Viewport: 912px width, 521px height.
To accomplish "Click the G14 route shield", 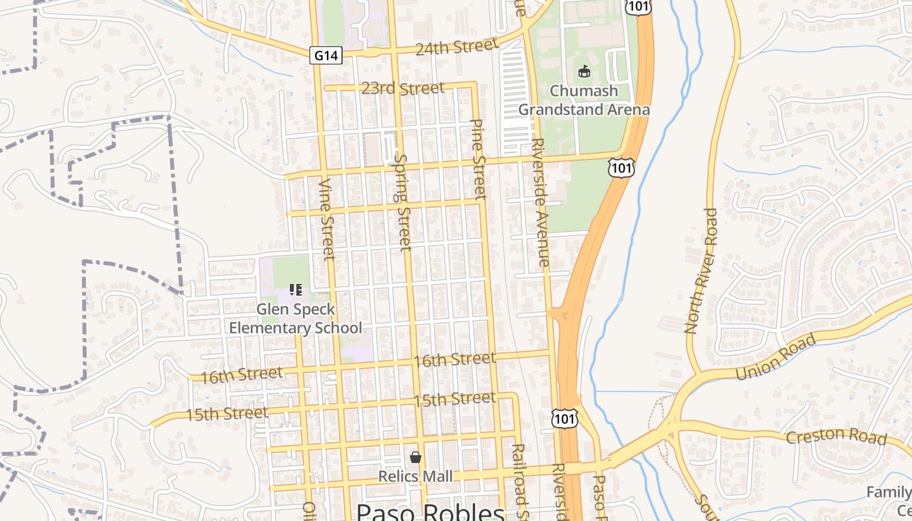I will (325, 55).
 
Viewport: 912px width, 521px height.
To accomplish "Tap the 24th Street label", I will (457, 48).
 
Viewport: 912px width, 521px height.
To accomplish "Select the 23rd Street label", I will (403, 88).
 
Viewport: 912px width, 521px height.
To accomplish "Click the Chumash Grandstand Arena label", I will (584, 100).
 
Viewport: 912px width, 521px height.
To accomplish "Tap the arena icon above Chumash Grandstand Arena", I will (584, 71).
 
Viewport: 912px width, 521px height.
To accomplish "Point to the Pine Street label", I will (479, 158).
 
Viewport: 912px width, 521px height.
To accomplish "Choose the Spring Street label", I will (403, 202).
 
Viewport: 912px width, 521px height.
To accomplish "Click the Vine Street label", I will (327, 219).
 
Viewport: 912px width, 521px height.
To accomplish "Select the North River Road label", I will (701, 270).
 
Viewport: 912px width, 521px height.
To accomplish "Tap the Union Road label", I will (775, 357).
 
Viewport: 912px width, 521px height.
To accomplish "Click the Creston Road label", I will (836, 436).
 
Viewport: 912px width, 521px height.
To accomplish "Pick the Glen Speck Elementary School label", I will (295, 318).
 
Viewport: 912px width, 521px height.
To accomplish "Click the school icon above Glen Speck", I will (295, 289).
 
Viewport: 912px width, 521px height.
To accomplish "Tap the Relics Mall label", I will (416, 477).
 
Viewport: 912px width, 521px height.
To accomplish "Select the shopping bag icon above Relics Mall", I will (416, 458).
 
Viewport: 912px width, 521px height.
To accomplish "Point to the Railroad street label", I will (519, 482).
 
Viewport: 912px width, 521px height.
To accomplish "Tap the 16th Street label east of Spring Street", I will (455, 359).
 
